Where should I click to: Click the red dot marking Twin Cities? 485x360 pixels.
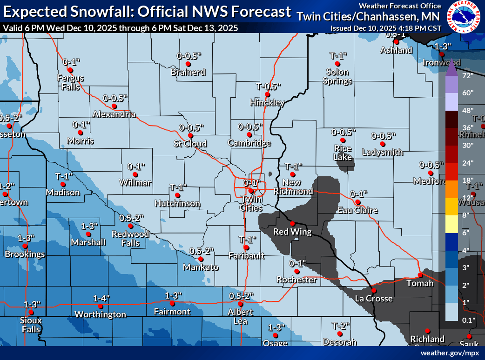pyautogui.click(x=251, y=191)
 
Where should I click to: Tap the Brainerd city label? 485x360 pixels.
pyautogui.click(x=188, y=72)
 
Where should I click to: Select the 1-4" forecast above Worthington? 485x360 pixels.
pyautogui.click(x=101, y=298)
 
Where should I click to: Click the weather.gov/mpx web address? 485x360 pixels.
pyautogui.click(x=449, y=353)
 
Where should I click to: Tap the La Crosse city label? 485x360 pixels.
pyautogui.click(x=374, y=299)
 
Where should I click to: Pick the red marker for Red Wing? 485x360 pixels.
pyautogui.click(x=293, y=224)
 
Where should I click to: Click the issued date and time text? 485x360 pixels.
pyautogui.click(x=385, y=28)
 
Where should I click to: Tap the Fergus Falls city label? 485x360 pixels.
pyautogui.click(x=71, y=82)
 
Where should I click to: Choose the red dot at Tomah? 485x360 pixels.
pyautogui.click(x=420, y=275)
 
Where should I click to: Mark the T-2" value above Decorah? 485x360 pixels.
pyautogui.click(x=341, y=325)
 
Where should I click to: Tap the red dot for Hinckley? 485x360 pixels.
pyautogui.click(x=268, y=94)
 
